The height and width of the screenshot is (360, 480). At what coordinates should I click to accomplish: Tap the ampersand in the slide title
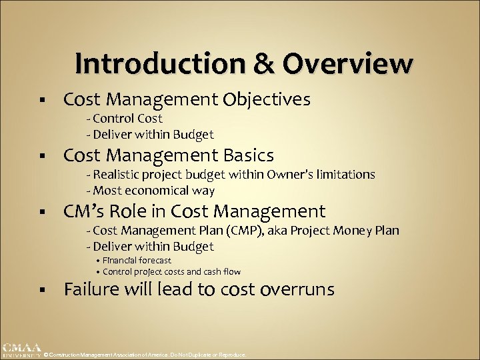pos(261,64)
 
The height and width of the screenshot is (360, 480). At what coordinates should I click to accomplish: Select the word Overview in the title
pos(347,64)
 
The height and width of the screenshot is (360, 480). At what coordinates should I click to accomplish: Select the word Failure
pos(93,289)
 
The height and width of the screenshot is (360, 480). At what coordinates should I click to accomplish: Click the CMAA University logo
pos(20,349)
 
